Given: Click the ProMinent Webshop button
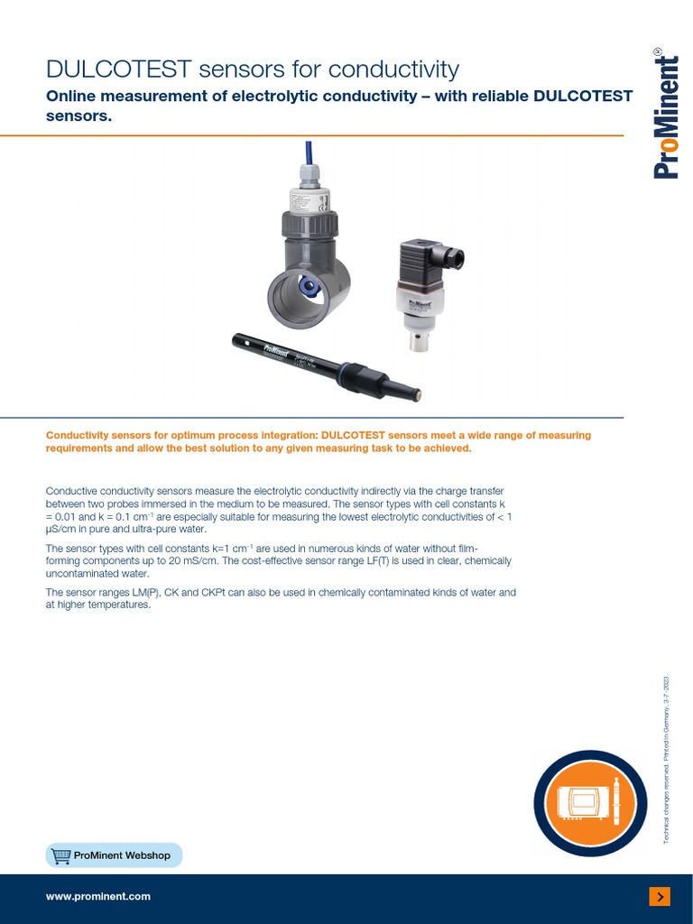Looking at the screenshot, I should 114,855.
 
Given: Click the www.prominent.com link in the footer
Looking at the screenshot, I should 98,896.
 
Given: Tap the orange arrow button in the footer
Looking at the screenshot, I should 660,896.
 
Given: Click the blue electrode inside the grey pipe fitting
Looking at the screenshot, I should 310,289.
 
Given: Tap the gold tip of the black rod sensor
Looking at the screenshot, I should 417,394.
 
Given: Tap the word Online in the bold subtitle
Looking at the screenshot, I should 77,97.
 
